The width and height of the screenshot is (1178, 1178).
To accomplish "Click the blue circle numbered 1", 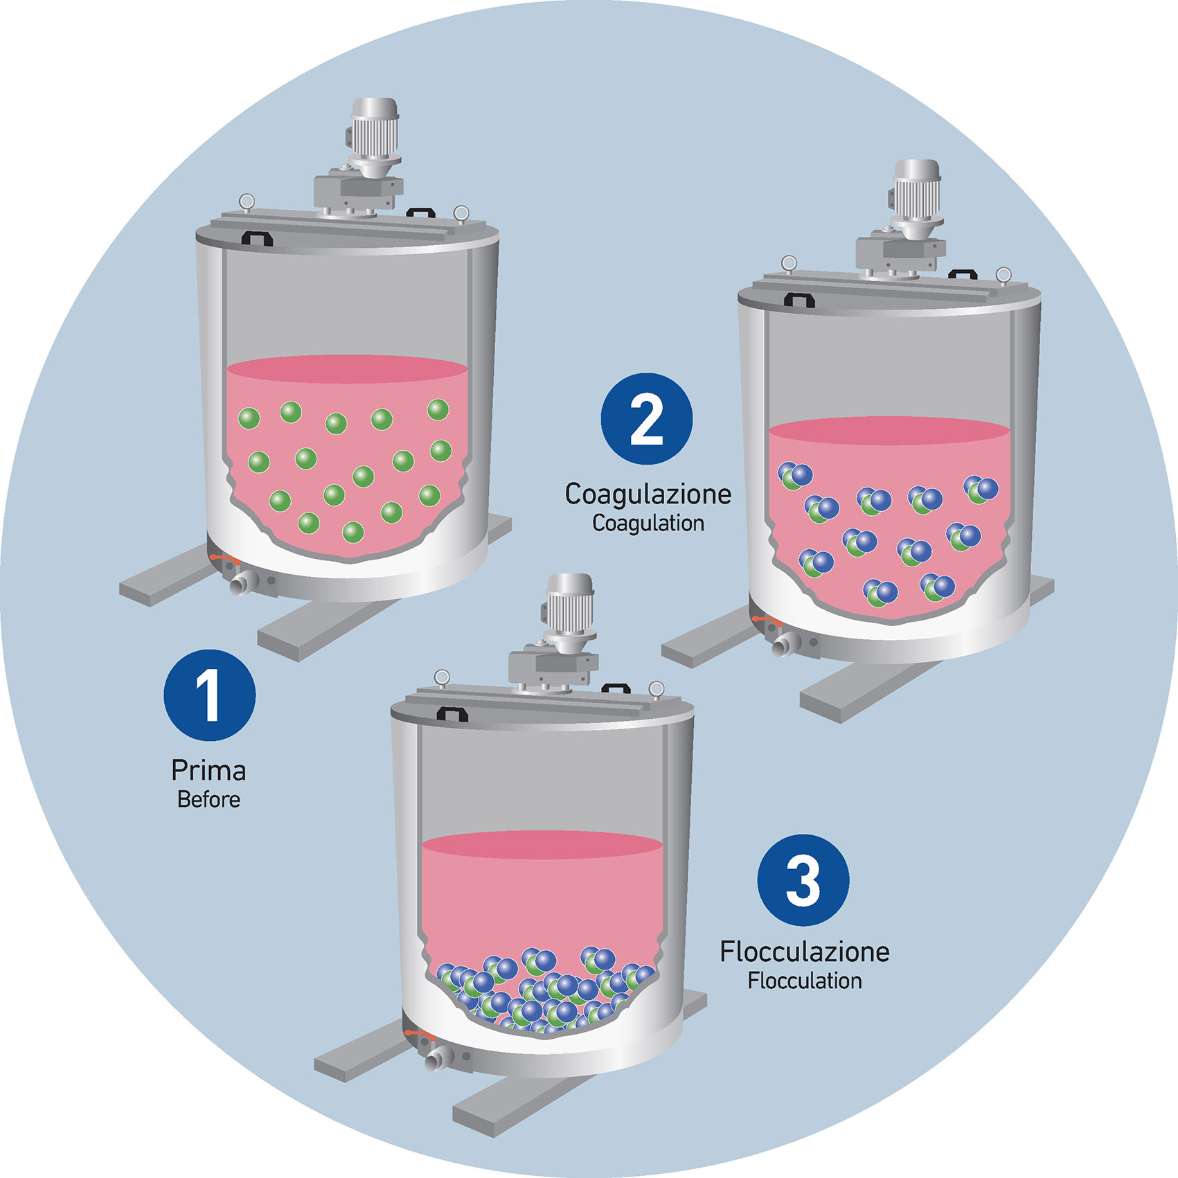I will point(209,695).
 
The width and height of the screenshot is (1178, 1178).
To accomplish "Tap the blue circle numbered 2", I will point(646,419).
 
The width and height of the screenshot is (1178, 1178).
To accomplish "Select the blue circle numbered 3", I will point(803,880).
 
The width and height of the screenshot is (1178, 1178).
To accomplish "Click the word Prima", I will point(208,771).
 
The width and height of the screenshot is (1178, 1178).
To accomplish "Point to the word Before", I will point(208,800).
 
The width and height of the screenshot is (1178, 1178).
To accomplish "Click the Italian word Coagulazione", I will point(648,494).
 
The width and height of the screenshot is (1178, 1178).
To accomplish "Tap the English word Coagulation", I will point(648,524).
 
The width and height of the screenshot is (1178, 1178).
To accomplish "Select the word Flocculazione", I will point(804,952).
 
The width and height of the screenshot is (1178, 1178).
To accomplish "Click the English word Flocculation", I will point(804,981).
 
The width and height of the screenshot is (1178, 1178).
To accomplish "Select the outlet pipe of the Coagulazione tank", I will point(785,645).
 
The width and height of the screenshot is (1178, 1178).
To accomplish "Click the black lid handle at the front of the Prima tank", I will point(256,238).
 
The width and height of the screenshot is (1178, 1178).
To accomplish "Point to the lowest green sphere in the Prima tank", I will point(352,532).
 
